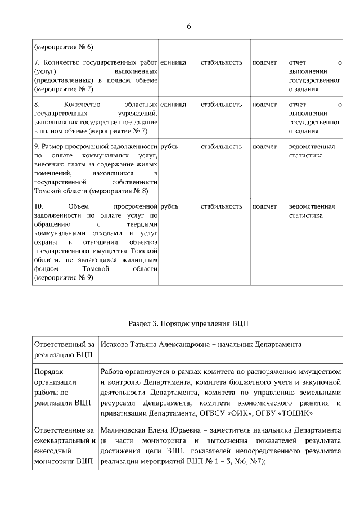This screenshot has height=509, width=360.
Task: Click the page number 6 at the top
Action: (189, 26)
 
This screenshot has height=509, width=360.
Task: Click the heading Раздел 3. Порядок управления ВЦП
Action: (188, 325)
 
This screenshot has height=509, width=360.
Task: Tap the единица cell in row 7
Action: (173, 62)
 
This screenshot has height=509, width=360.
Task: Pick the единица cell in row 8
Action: (173, 105)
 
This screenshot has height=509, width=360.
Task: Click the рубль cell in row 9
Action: (169, 147)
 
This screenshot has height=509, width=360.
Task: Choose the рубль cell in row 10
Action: (169, 206)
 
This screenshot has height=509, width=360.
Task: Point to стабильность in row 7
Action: (221, 62)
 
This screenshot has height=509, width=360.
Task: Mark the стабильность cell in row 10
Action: (221, 206)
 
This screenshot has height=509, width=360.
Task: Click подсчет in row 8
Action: (264, 105)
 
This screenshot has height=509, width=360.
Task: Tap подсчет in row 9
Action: (264, 147)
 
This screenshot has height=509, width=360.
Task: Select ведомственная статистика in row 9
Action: (311, 151)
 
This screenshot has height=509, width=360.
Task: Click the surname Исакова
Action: (116, 344)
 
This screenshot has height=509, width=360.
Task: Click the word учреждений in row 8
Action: (138, 113)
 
